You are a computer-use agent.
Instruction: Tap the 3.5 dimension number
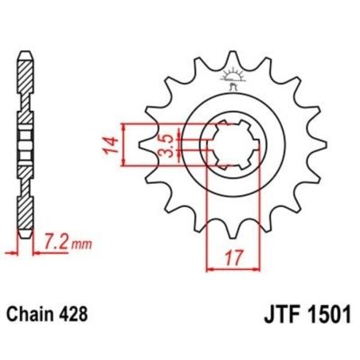click(x=162, y=145)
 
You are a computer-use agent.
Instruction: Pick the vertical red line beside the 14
click(x=123, y=145)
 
